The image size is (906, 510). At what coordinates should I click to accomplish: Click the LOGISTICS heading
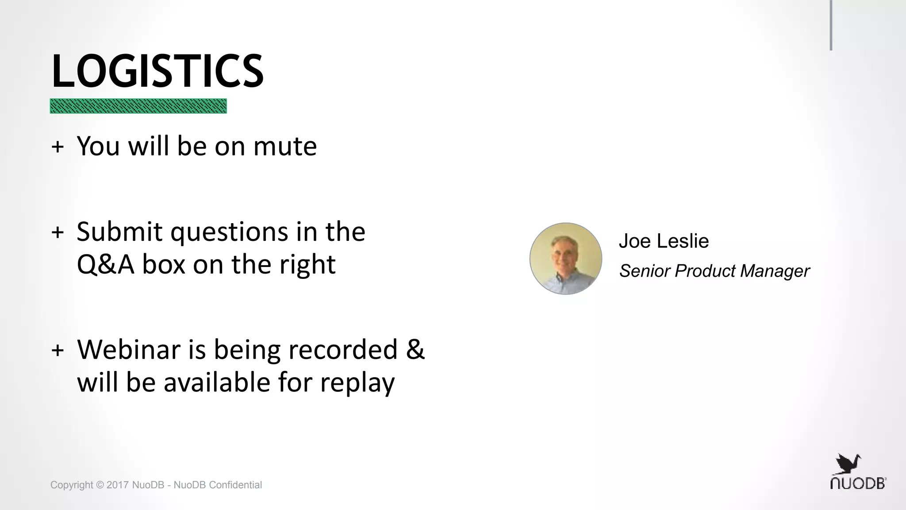point(157,71)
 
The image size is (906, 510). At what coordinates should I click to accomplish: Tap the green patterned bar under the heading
point(138,106)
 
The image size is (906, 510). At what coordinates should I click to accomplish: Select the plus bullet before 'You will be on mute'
point(58,147)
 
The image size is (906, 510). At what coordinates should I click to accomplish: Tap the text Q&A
point(105,265)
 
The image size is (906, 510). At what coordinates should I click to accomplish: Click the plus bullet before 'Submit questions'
point(58,232)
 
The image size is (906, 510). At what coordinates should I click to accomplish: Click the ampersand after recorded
point(415,349)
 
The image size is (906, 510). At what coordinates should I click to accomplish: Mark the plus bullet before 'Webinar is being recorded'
point(58,350)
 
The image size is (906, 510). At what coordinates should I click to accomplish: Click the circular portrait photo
point(566,259)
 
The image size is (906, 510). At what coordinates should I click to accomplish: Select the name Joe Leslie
point(664,241)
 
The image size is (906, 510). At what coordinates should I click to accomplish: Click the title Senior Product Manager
point(714,271)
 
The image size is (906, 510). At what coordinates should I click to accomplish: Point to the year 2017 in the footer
point(118,485)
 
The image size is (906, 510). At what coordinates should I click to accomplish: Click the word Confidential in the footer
point(235,485)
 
